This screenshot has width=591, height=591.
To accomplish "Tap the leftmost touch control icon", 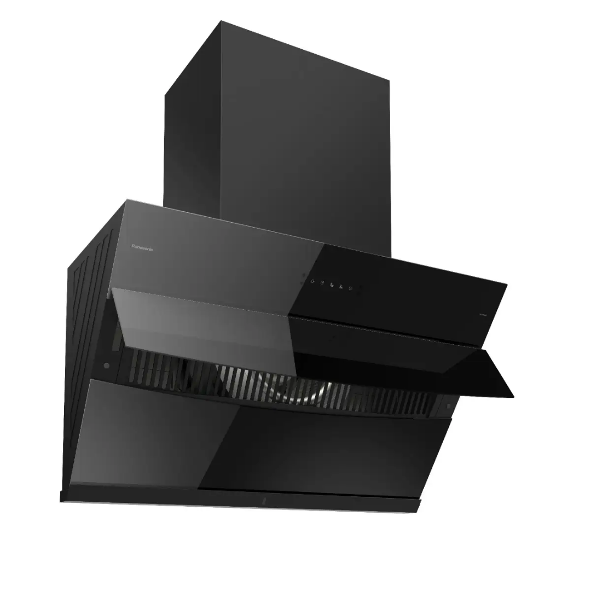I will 312,281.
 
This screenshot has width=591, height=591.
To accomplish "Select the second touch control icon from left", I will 322,283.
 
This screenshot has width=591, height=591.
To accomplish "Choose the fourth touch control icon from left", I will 340,286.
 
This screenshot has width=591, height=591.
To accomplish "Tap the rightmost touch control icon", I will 350,288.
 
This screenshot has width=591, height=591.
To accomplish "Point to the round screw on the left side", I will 106,366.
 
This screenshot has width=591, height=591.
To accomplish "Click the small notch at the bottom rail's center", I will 263,501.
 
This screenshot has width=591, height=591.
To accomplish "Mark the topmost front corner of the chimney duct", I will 221,22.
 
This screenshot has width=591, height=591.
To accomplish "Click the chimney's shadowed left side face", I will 192,137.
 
